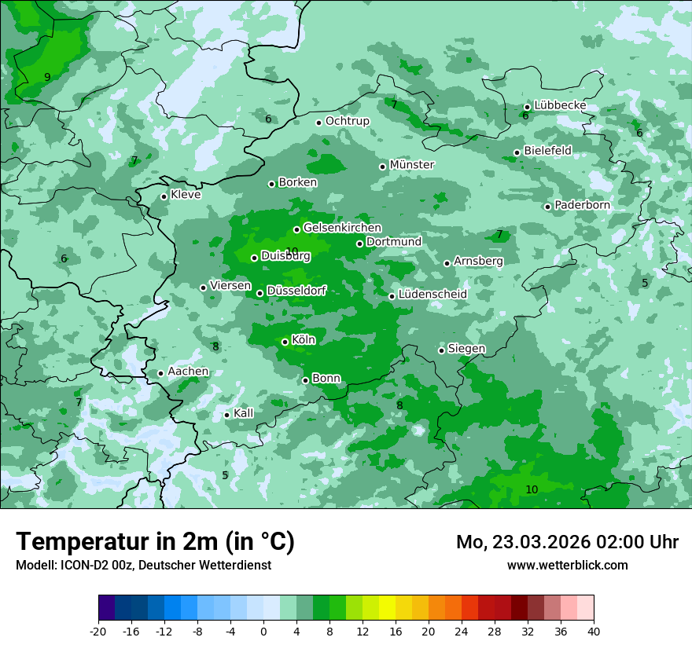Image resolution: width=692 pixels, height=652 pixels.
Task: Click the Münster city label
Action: pos(412,165)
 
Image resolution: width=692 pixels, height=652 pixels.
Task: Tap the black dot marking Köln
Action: pos(285,342)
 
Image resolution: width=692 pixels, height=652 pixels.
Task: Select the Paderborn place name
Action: pos(582,205)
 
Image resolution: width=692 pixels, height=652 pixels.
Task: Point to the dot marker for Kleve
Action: pos(164,196)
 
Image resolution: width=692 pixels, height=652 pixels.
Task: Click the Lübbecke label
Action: pos(560,105)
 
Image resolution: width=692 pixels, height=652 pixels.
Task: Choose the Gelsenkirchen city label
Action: pos(342,228)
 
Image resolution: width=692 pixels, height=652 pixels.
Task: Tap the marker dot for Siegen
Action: pos(442,350)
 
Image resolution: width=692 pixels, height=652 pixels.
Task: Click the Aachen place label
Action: pos(188,372)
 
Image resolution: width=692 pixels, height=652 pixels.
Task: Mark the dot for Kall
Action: pos(227,415)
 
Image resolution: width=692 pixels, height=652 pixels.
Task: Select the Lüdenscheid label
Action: pos(432,295)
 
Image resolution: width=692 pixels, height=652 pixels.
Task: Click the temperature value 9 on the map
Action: pos(47,77)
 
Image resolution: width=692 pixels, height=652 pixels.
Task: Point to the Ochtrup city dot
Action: pos(319,123)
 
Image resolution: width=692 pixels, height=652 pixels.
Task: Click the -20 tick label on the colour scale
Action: pos(98,631)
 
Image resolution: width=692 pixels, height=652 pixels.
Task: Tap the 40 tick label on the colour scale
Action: pos(594,631)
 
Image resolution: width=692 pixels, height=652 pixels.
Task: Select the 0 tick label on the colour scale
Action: pos(263,631)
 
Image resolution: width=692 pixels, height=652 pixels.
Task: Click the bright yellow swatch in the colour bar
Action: pos(387,608)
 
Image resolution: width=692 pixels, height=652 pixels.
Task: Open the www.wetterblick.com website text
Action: pos(567,565)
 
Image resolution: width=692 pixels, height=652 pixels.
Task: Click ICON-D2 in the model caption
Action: pos(83,565)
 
